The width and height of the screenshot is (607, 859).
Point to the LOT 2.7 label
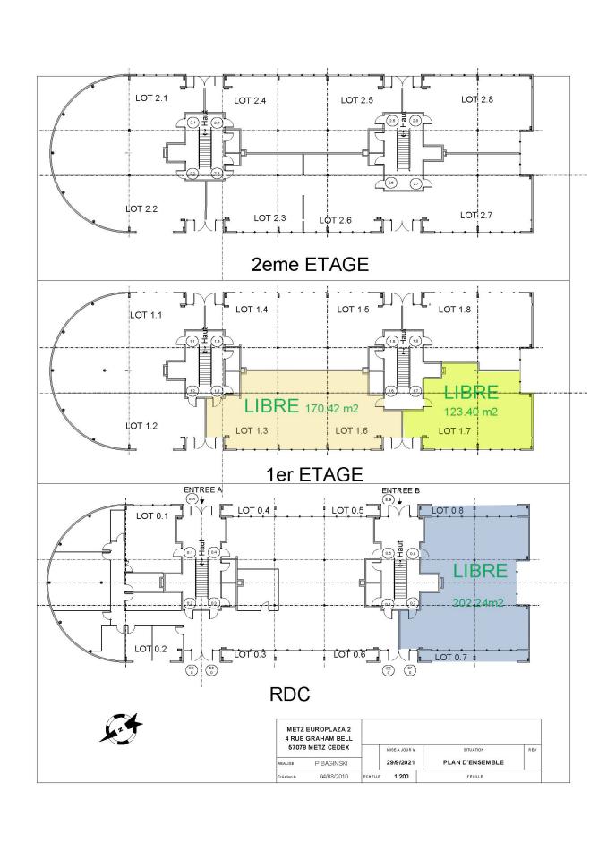click(x=476, y=215)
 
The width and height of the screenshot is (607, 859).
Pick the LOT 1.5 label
click(x=354, y=309)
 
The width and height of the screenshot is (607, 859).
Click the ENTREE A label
click(x=202, y=490)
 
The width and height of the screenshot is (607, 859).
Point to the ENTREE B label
click(x=400, y=490)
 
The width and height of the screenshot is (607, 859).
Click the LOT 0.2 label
click(x=150, y=648)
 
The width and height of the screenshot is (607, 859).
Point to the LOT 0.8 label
click(x=448, y=510)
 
